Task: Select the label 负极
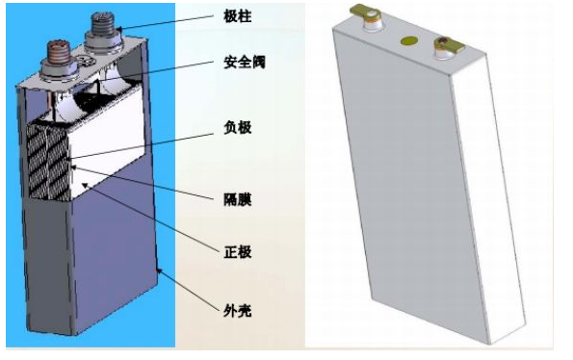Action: [237, 127]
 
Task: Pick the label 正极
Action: [237, 252]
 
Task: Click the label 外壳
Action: [237, 310]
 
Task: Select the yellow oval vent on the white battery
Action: [407, 41]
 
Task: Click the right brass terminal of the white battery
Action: [447, 43]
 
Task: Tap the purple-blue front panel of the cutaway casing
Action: [111, 260]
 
